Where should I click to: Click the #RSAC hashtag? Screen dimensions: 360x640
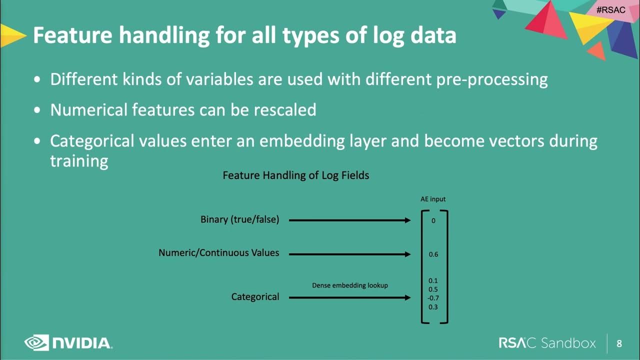pos(610,10)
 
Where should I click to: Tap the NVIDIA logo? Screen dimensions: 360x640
pos(68,343)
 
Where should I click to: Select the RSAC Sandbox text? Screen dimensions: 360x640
pos(547,343)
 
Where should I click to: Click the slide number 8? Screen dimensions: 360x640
pos(619,343)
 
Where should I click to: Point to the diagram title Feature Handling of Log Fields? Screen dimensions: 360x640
pos(295,175)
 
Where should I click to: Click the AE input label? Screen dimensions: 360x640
pos(432,199)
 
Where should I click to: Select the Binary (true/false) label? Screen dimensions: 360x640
pos(239,219)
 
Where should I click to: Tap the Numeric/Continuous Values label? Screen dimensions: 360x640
pos(218,253)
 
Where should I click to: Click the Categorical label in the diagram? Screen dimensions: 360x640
pos(255,297)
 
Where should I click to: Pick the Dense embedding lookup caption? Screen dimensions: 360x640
pos(350,285)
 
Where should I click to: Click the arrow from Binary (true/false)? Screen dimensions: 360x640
pos(349,220)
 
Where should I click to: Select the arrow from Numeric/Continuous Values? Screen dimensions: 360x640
pos(349,254)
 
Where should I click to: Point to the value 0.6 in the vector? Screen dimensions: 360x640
pos(433,254)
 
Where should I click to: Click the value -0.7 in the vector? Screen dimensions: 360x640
pos(433,298)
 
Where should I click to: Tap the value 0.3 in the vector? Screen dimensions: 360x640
pos(433,307)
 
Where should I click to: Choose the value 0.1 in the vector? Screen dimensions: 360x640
pos(433,281)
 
